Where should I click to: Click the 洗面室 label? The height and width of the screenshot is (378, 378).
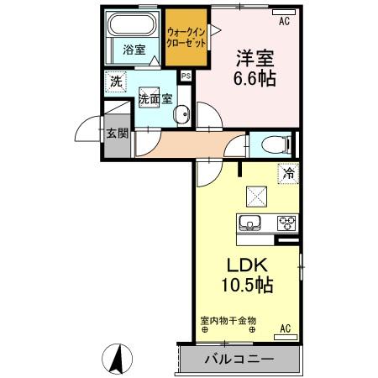[155, 98]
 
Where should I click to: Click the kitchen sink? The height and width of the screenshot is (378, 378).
[250, 223]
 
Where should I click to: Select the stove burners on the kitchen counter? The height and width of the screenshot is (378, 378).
[286, 223]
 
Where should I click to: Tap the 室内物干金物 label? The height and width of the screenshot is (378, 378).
[228, 319]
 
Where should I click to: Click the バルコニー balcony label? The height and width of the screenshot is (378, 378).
[239, 359]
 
